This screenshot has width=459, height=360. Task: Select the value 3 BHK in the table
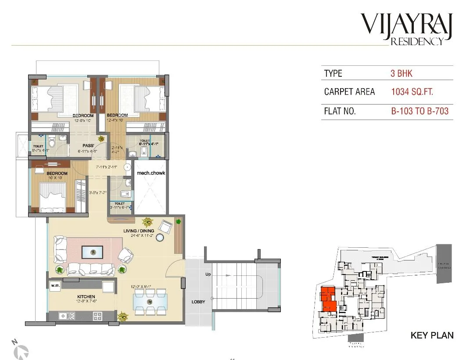401,73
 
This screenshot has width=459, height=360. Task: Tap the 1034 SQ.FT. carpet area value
412,92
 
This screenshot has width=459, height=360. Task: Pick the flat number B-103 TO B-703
420,111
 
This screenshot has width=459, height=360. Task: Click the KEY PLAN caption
432,335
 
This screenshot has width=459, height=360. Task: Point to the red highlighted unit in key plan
328,300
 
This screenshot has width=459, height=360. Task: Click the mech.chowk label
151,173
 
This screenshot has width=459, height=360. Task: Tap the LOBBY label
198,302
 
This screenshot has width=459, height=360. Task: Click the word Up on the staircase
209,274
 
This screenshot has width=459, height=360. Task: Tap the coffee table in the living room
92,252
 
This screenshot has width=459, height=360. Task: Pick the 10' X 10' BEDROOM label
57,174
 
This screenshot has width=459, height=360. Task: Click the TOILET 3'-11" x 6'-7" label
120,204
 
